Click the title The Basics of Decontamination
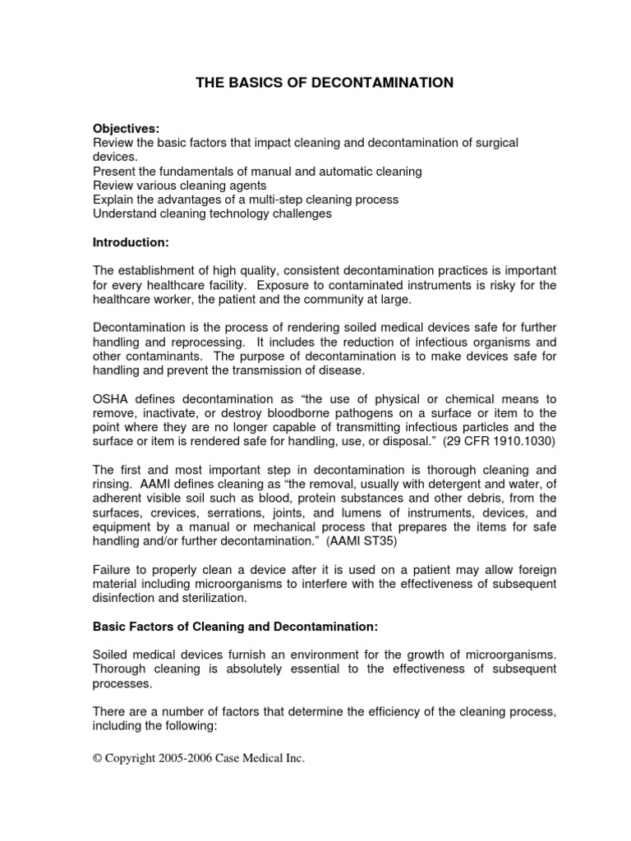[x=324, y=82]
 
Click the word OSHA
[x=110, y=399]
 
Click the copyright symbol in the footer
[x=98, y=759]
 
